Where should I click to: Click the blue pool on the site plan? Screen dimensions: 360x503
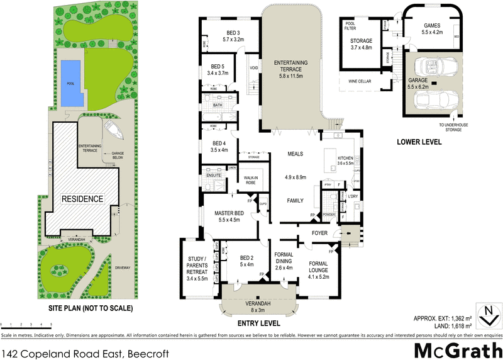tap(72, 84)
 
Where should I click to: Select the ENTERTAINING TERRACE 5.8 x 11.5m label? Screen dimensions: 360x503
tap(290, 69)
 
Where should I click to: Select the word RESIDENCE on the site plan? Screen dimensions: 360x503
tap(82, 199)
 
